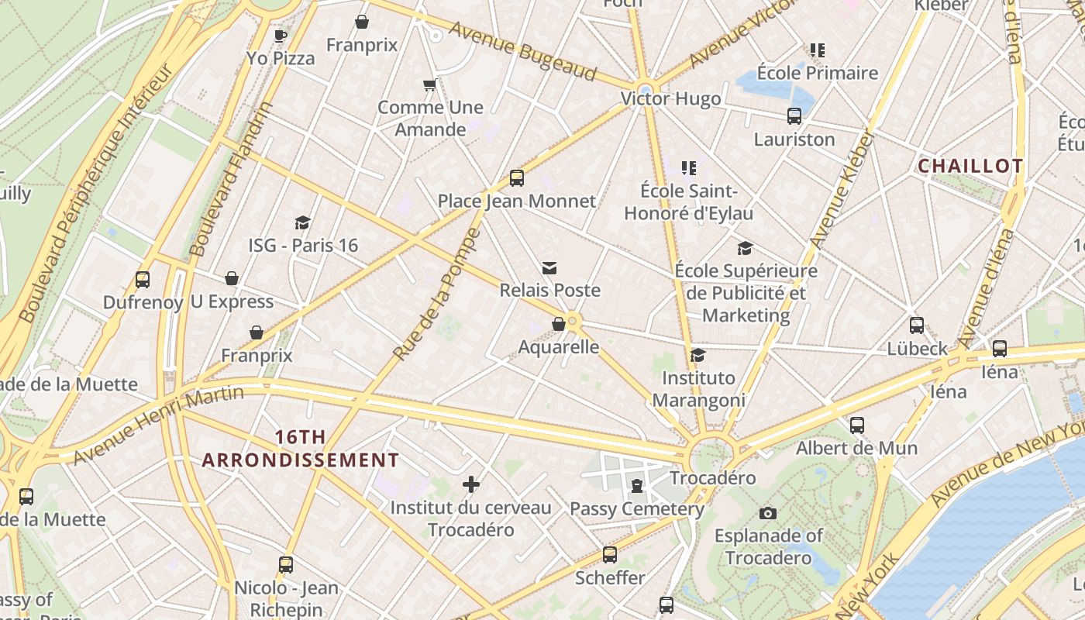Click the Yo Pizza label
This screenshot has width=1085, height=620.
click(281, 58)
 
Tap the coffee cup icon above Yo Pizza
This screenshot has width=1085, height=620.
click(281, 36)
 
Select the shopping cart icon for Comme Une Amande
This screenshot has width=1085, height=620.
click(430, 84)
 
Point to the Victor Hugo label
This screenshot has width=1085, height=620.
click(670, 98)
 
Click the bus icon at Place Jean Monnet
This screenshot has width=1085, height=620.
click(517, 178)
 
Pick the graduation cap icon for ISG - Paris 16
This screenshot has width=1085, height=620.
click(303, 223)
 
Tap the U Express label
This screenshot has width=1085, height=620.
click(232, 301)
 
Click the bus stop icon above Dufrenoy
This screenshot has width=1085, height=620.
click(143, 280)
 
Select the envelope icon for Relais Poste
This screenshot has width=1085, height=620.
click(549, 268)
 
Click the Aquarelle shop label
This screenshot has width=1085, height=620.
click(558, 346)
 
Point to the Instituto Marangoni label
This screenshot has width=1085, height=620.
click(698, 389)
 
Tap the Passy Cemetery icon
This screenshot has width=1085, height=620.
click(637, 486)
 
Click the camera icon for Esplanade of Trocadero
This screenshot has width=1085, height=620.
click(768, 513)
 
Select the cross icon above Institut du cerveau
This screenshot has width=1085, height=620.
click(471, 485)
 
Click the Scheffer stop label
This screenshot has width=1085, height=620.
click(610, 578)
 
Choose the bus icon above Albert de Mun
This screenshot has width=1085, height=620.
click(857, 425)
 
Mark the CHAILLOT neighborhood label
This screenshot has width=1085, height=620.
click(970, 166)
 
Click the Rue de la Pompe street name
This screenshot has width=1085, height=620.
click(437, 294)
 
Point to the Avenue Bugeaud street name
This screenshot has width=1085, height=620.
click(522, 51)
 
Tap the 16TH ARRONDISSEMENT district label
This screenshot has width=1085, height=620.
click(301, 449)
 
